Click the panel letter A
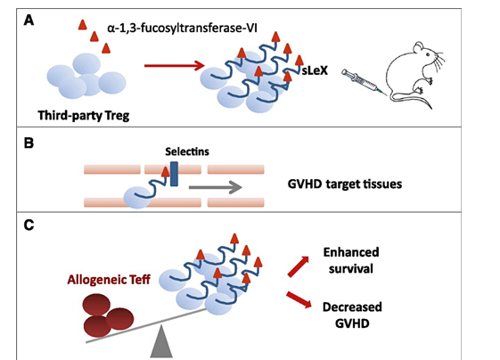pos(29,20)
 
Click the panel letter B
pos(29,143)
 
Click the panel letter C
pos(29,225)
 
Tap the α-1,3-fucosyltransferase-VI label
pos(183,28)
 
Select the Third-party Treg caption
pos(84,116)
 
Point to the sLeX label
pos(315,70)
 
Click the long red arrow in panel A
pos(174,66)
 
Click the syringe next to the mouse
pos(365,82)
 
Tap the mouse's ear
pos(419,48)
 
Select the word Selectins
pos(187,151)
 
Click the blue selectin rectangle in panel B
pos(174,174)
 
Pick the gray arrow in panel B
pos(216,187)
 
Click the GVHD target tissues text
pos(345,184)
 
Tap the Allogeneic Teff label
pos(109,280)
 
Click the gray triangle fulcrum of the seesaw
pos(161,342)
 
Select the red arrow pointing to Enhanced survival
pos(299,266)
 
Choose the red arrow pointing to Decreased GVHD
pos(299,299)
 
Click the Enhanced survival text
pos(351,260)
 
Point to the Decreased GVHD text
pos(352,315)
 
